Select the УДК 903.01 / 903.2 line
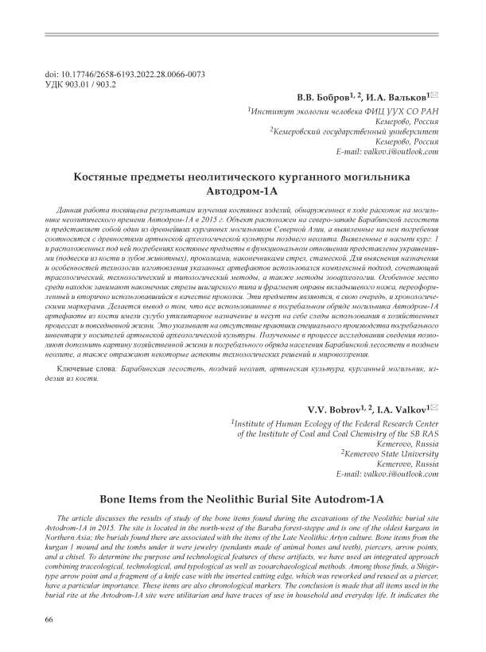pos(82,83)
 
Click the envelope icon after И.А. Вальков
pos(434,95)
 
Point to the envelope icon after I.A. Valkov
pos(434,407)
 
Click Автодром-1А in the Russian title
pos(243,192)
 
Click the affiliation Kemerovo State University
pos(392,453)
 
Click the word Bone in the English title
pos(115,500)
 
